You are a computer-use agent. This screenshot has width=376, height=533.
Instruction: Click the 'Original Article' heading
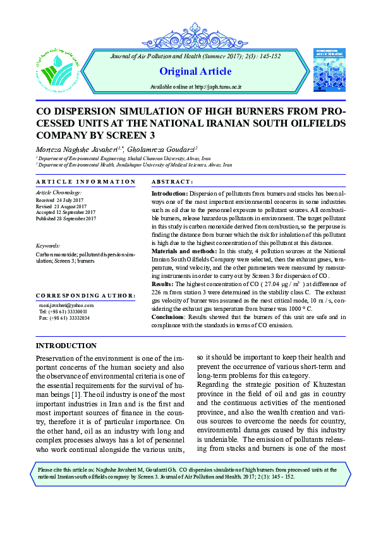pyautogui.click(x=195, y=71)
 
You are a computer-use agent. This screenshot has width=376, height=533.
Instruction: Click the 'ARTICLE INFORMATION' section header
pyautogui.click(x=85, y=182)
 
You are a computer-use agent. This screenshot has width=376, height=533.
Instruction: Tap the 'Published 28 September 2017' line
pyautogui.click(x=66, y=218)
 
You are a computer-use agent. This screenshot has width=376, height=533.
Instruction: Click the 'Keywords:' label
pyautogui.click(x=48, y=245)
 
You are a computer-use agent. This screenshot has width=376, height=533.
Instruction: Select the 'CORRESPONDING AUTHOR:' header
pyautogui.click(x=85, y=296)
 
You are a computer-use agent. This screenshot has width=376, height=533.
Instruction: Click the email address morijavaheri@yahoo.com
pyautogui.click(x=66, y=305)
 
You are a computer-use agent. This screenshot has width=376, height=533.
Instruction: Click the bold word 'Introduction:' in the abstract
pyautogui.click(x=169, y=192)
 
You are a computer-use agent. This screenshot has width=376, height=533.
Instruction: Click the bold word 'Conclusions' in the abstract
pyautogui.click(x=169, y=317)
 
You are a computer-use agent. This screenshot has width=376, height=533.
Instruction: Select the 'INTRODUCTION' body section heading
pyautogui.click(x=66, y=346)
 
